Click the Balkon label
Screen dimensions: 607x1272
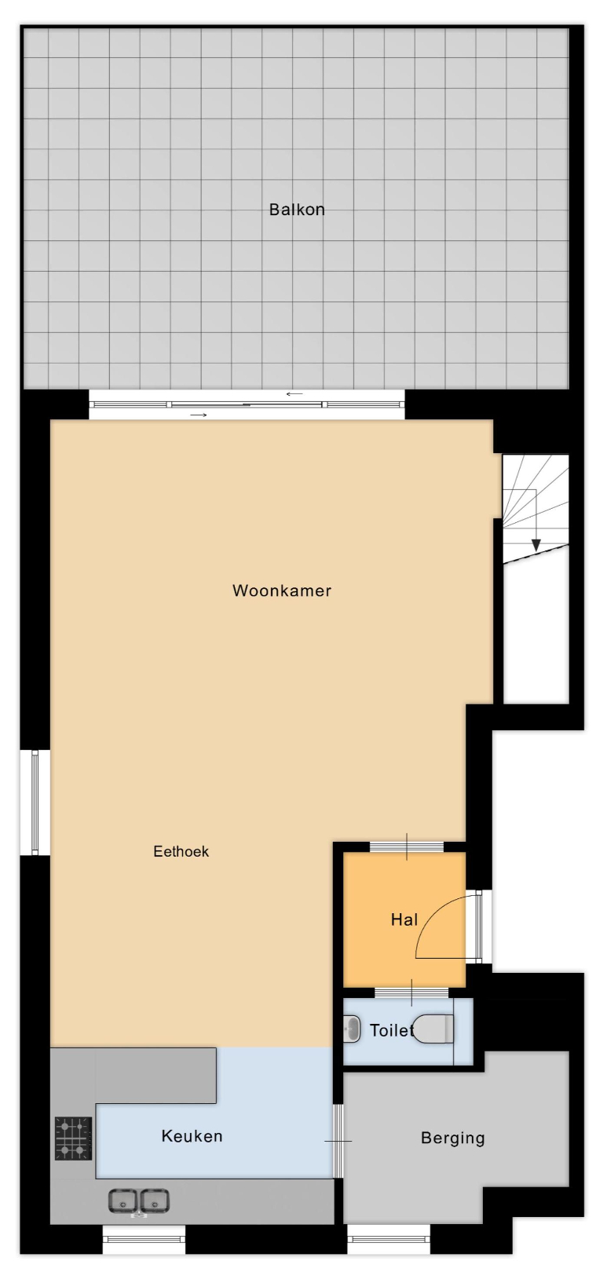point(297,210)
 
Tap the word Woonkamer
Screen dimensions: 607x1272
point(282,590)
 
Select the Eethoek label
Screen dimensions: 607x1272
point(181,851)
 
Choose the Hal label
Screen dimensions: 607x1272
point(404,919)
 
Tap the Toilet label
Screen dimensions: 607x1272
point(392,1030)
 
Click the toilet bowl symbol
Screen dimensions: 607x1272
point(433,1029)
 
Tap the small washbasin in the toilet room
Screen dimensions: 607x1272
point(352,1029)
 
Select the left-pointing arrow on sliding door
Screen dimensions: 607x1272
point(294,394)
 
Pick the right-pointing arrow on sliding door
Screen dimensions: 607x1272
point(198,415)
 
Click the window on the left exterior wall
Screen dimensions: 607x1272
point(35,802)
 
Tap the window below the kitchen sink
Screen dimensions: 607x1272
point(144,1236)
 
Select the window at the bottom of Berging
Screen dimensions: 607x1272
point(389,1236)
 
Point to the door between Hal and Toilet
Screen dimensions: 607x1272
point(411,992)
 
